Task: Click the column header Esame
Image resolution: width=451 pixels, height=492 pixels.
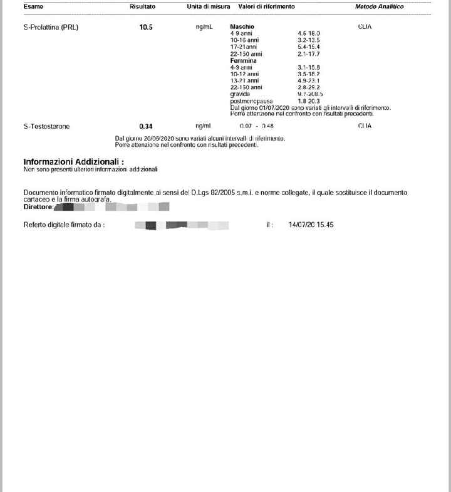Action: click(x=34, y=6)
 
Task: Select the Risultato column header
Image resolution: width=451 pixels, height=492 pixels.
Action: click(x=143, y=6)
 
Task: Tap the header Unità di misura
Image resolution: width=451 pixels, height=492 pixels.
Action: click(x=208, y=6)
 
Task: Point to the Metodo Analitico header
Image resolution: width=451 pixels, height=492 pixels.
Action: click(x=379, y=6)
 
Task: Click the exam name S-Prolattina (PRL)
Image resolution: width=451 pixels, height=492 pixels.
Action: click(x=51, y=27)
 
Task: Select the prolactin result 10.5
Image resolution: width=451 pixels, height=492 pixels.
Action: click(x=146, y=27)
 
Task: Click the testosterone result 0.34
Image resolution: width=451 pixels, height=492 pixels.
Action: click(x=146, y=126)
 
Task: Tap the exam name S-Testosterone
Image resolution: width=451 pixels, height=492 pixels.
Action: click(x=46, y=126)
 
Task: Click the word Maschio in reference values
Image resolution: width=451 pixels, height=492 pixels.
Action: click(x=242, y=26)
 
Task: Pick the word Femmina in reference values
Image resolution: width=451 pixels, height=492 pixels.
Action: click(x=244, y=61)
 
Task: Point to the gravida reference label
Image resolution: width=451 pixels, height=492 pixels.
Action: click(x=240, y=94)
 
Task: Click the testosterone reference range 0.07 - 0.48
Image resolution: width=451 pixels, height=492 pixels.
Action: click(x=257, y=126)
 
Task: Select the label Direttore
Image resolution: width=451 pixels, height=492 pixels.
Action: click(x=38, y=206)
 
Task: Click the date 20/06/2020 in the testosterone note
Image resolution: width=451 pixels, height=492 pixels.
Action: click(x=158, y=138)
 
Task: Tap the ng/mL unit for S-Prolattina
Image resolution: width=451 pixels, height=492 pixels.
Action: click(x=204, y=27)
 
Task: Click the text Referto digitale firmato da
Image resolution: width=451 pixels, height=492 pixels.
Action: click(x=64, y=225)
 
